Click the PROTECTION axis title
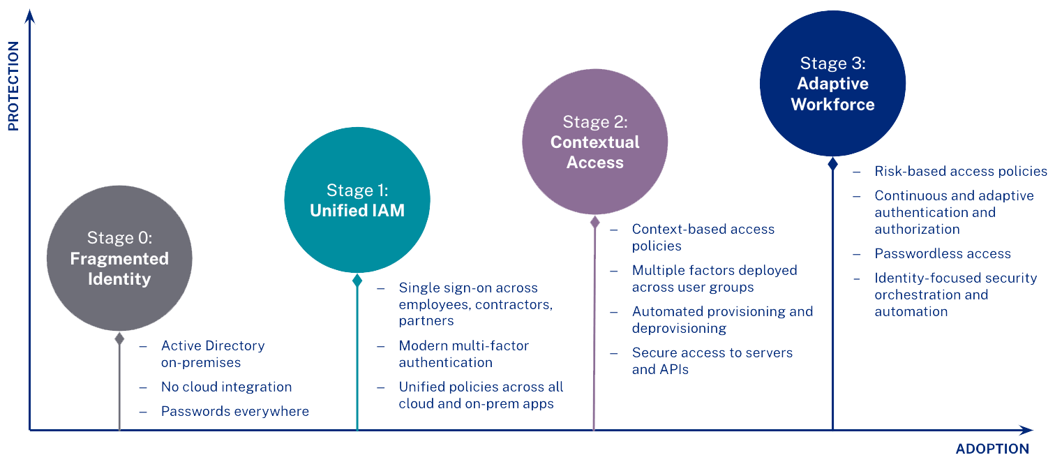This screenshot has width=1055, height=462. pyautogui.click(x=13, y=87)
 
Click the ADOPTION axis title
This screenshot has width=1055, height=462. pyautogui.click(x=992, y=449)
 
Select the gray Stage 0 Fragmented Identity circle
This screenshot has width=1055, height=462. pyautogui.click(x=119, y=258)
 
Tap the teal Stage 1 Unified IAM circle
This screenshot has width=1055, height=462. pyautogui.click(x=357, y=200)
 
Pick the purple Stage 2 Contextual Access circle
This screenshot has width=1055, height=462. pyautogui.click(x=594, y=142)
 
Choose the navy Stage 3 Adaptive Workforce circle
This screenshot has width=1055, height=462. pyautogui.click(x=832, y=83)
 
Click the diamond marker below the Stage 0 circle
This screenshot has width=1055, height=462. pyautogui.click(x=119, y=338)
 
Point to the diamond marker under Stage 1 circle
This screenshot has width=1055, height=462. pyautogui.click(x=357, y=281)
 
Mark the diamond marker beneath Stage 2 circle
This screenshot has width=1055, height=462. pyautogui.click(x=594, y=222)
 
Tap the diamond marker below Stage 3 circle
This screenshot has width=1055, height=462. pyautogui.click(x=832, y=164)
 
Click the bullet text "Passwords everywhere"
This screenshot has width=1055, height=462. pyautogui.click(x=234, y=411)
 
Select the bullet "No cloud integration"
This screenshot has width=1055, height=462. pyautogui.click(x=226, y=387)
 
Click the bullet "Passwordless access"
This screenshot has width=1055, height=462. pyautogui.click(x=942, y=253)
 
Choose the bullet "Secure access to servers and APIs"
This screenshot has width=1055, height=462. pyautogui.click(x=712, y=361)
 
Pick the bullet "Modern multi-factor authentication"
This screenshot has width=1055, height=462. pyautogui.click(x=463, y=354)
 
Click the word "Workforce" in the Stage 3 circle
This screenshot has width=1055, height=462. pyautogui.click(x=833, y=105)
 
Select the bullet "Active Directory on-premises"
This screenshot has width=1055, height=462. pyautogui.click(x=213, y=354)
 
